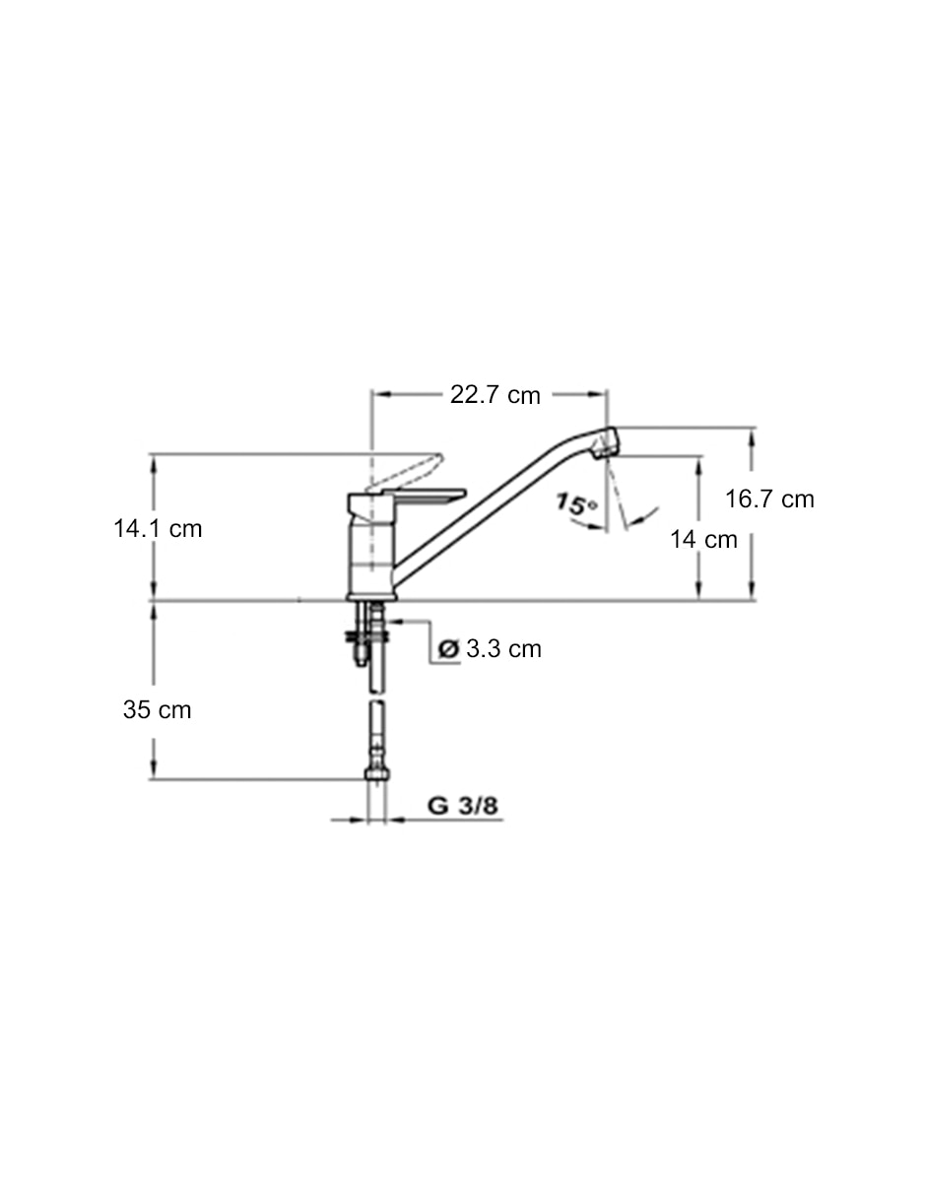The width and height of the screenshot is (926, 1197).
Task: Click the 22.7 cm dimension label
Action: pos(495,395)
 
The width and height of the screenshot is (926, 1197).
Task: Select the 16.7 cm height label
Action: pos(769,499)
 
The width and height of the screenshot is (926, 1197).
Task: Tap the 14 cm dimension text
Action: pos(703,539)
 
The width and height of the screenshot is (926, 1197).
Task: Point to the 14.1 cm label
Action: pos(158,529)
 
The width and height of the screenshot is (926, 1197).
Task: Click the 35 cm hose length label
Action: pos(157,709)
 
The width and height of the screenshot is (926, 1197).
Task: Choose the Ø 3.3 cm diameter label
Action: pos(490,649)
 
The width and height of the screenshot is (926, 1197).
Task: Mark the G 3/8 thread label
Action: pos(462,806)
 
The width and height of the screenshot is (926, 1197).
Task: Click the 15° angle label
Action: pos(576,504)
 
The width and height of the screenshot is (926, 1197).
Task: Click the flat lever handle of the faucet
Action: pos(430,495)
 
